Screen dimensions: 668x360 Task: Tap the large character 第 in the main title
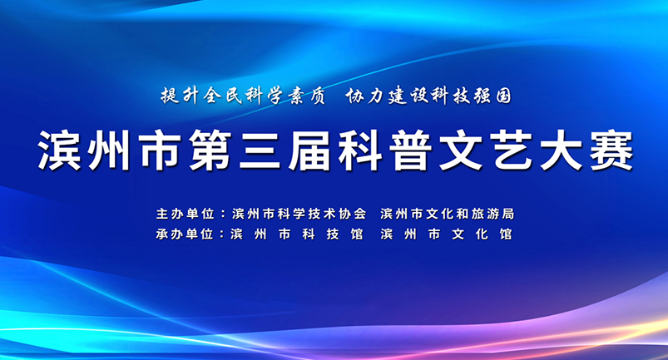point(210,150)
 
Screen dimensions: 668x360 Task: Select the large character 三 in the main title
point(260,150)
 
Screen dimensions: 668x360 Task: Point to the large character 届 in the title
point(310,150)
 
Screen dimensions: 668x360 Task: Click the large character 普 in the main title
point(411,150)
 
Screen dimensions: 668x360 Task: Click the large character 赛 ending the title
point(611,150)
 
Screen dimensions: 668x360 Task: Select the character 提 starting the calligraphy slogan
point(170,96)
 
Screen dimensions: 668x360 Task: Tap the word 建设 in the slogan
point(408,96)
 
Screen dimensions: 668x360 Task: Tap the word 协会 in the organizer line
point(353,214)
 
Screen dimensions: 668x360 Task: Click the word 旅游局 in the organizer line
point(493,214)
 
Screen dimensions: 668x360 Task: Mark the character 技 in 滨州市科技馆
point(333,234)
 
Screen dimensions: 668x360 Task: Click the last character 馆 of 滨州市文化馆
point(506,234)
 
